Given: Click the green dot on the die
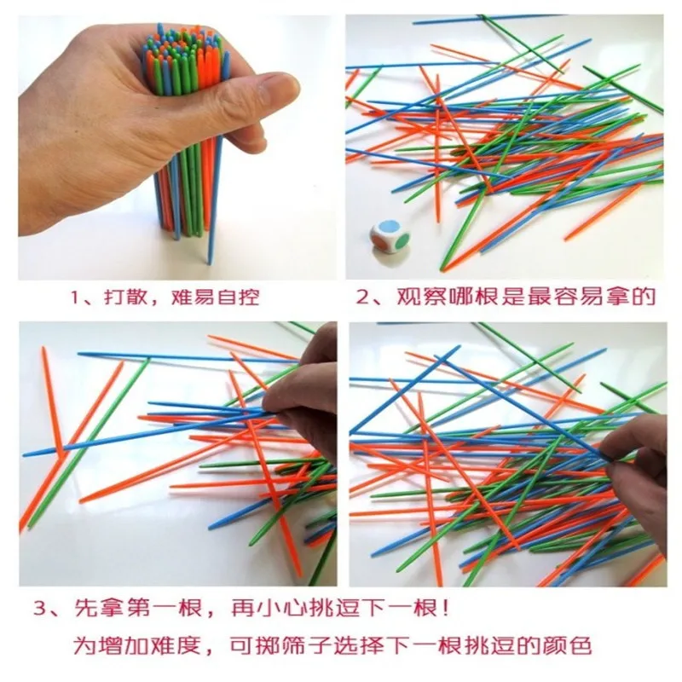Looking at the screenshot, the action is [x=403, y=241].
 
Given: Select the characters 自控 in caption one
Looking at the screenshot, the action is [x=238, y=298].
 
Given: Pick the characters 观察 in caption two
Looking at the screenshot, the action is [x=419, y=297].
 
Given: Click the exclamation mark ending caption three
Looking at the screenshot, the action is [x=444, y=608].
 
